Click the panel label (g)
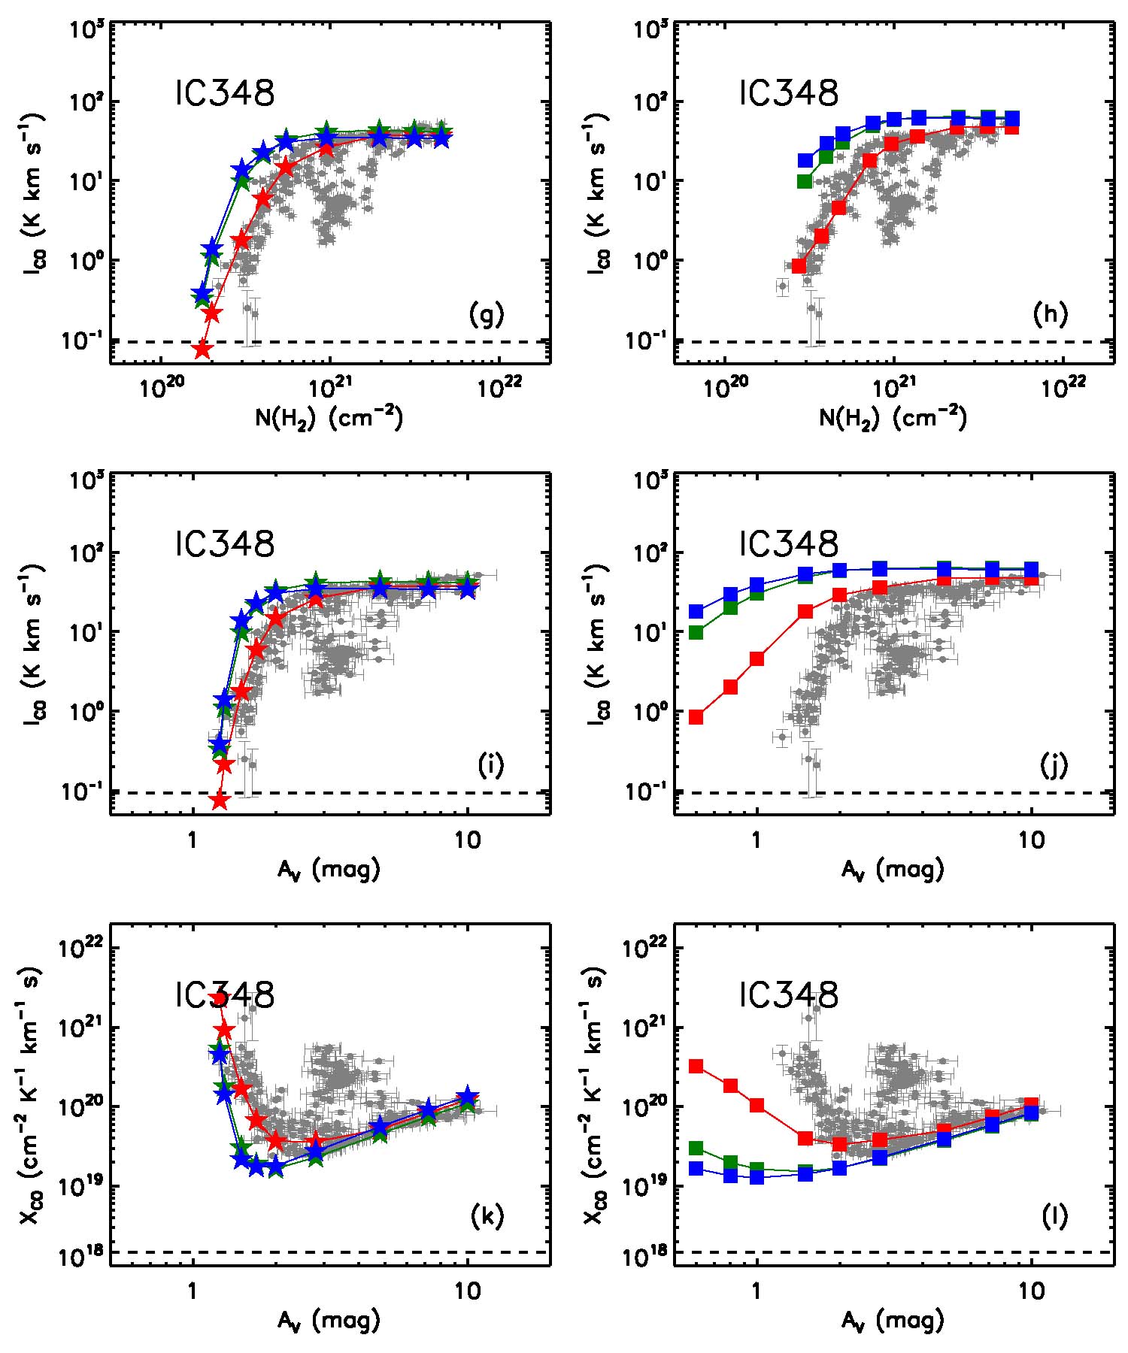[487, 316]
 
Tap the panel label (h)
[1050, 316]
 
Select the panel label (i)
[490, 766]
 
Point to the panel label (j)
[1054, 766]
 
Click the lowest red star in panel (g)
[202, 350]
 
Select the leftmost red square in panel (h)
[799, 266]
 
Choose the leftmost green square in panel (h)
[805, 181]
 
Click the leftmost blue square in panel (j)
[696, 612]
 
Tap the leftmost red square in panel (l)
[696, 1066]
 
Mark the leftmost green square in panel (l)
[696, 1148]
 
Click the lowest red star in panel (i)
[219, 801]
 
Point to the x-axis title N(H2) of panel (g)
[329, 418]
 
